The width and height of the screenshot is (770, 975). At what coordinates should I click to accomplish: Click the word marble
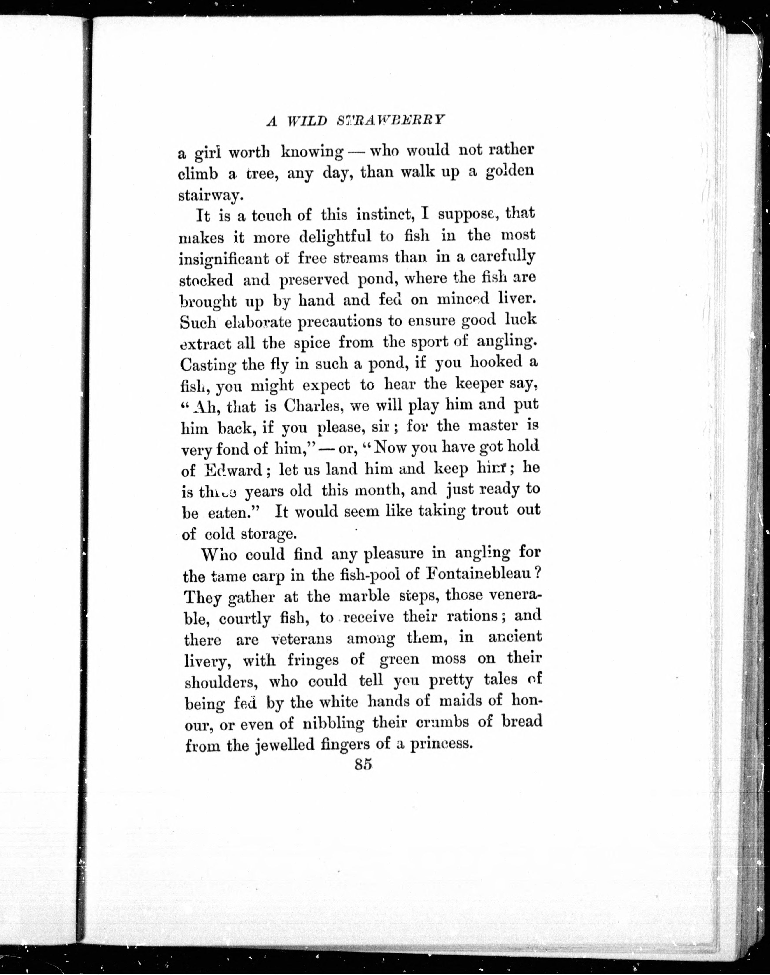tap(364, 596)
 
